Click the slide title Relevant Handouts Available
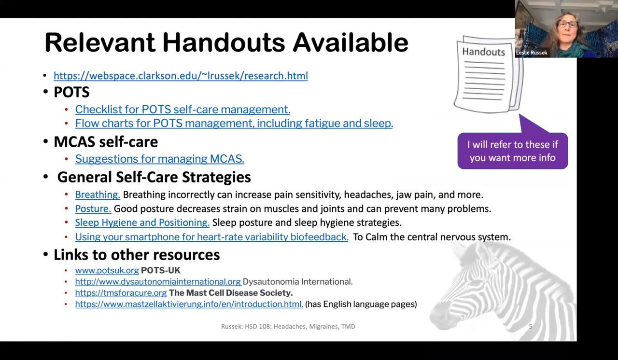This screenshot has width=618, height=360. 226,43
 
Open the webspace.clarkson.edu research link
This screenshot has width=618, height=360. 181,76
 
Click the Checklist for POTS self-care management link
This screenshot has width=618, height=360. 183,110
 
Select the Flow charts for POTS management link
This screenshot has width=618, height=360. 234,123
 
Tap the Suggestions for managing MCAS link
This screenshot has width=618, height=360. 159,159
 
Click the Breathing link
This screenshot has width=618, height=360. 97,195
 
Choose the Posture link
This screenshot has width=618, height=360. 93,209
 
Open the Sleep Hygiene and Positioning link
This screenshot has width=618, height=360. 142,222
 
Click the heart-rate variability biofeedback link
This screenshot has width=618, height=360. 211,237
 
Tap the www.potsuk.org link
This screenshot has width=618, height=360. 107,271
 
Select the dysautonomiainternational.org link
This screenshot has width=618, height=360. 157,282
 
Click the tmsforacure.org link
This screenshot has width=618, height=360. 121,293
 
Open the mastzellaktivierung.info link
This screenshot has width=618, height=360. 189,304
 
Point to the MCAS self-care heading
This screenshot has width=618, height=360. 106,142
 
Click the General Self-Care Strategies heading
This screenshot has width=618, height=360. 154,177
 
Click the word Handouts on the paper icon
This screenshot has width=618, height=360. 483,52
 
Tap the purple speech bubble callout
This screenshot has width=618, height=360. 512,151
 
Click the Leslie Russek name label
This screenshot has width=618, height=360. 532,53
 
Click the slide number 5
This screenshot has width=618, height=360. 530,327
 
